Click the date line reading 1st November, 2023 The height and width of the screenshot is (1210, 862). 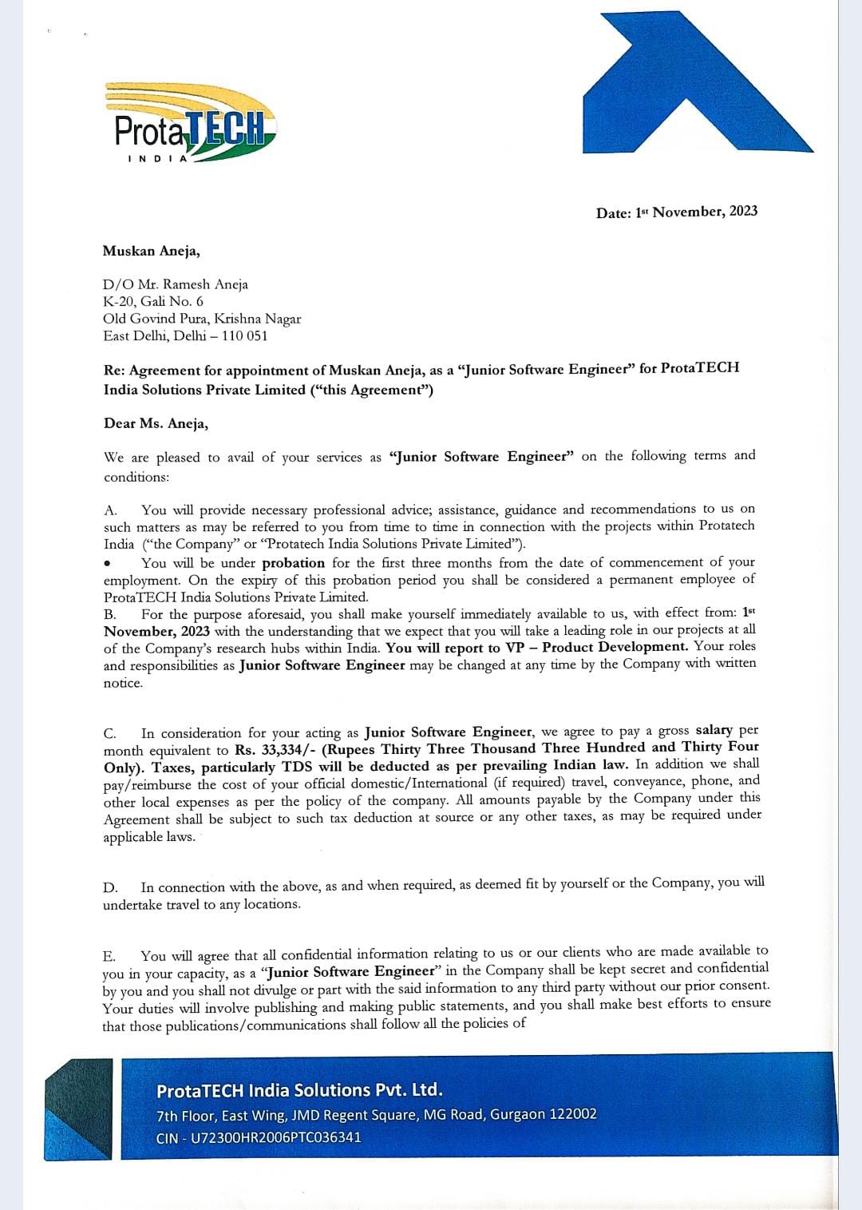(677, 212)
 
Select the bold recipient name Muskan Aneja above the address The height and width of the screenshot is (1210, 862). (151, 251)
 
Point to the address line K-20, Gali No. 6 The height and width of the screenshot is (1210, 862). (153, 301)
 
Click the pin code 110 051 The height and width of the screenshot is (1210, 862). (244, 335)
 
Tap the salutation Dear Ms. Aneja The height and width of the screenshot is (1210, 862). (156, 423)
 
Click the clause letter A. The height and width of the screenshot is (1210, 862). (110, 510)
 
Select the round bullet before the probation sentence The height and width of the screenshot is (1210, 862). (107, 563)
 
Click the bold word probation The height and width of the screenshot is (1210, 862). (295, 562)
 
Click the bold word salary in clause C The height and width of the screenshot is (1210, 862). (714, 730)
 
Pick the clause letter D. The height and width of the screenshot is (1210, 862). (110, 887)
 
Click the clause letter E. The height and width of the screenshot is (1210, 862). (109, 956)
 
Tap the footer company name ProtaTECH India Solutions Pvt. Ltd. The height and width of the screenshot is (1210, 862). (299, 1090)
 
